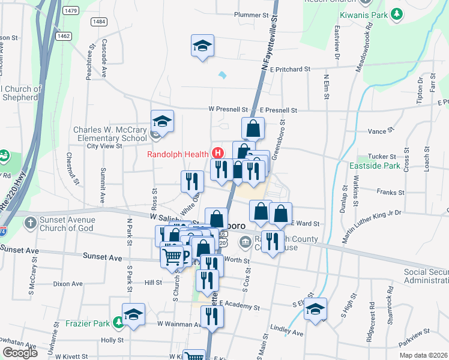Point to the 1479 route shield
71,11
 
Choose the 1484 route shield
100,22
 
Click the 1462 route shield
63,36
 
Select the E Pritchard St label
289,69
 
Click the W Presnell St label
228,110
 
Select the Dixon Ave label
67,284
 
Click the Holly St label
112,340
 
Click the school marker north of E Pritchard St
202,46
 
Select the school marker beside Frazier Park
133,314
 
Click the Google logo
20,353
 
